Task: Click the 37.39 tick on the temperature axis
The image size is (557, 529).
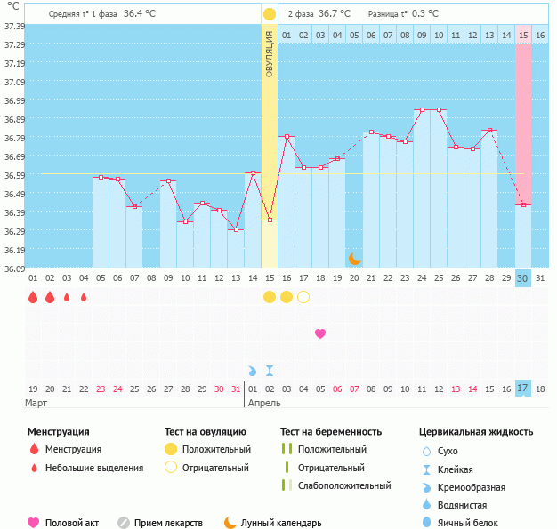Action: point(13,27)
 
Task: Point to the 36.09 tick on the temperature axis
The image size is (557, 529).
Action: point(13,269)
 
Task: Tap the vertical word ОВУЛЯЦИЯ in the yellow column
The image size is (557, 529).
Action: point(269,53)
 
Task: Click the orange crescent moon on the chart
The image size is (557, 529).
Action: point(354,259)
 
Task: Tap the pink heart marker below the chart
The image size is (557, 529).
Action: point(320,333)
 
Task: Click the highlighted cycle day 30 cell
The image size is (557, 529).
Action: point(523,278)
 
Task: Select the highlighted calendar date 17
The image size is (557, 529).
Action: point(523,389)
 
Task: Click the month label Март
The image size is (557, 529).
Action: point(36,404)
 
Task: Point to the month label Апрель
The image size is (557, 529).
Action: point(264,404)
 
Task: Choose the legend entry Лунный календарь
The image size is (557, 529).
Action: point(280,523)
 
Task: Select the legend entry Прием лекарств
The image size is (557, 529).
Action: point(168,523)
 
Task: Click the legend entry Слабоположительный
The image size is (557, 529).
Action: point(344,485)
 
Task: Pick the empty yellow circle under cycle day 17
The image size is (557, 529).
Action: point(303,297)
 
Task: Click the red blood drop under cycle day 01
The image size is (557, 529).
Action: point(33,297)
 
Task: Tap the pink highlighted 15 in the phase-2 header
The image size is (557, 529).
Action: point(523,35)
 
